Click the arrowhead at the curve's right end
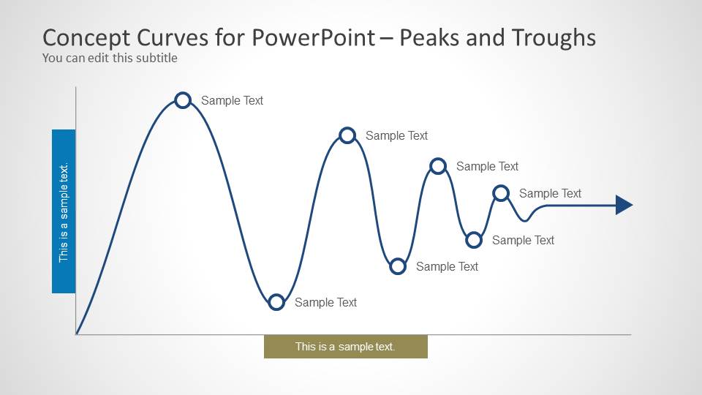tap(624, 205)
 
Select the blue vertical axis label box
tap(64, 211)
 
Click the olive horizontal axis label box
tap(346, 347)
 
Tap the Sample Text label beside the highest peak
tap(232, 101)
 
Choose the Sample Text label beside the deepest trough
tap(325, 303)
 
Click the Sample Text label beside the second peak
tap(396, 136)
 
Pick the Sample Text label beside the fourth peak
tap(550, 193)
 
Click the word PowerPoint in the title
tap(314, 37)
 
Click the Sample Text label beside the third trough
tap(523, 241)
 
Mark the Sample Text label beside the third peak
tap(487, 167)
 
